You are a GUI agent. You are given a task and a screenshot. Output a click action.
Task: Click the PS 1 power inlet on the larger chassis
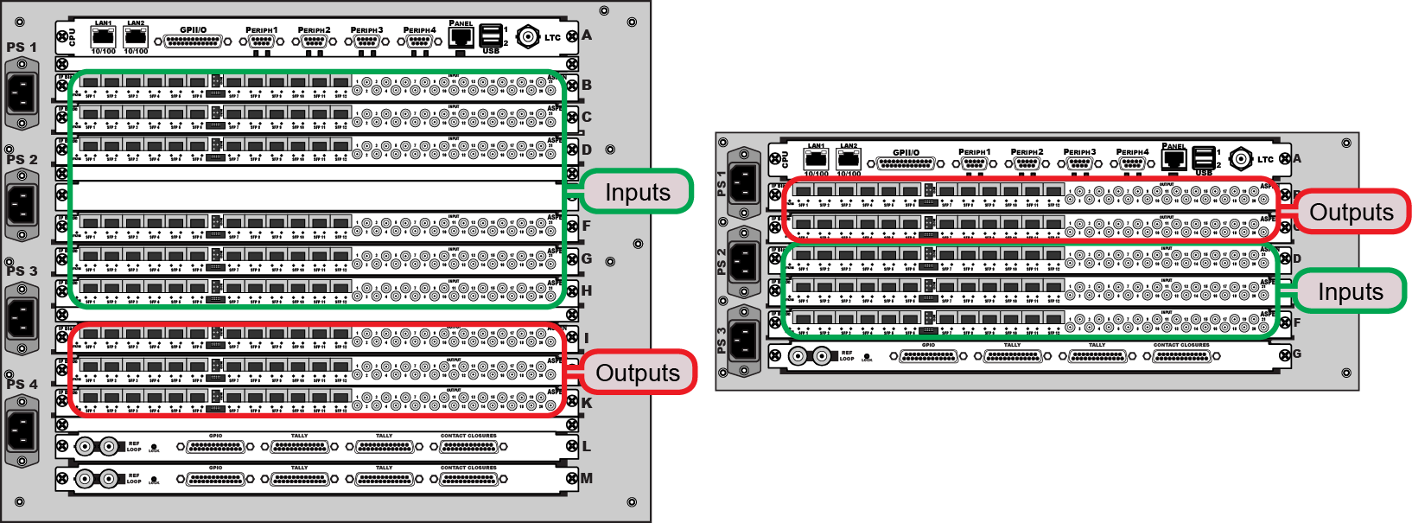tap(22, 93)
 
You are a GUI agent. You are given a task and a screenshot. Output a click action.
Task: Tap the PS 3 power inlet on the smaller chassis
tap(743, 339)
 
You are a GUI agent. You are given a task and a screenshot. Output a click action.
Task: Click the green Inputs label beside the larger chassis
tap(638, 192)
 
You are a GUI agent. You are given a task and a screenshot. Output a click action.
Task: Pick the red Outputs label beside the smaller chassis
tap(1352, 212)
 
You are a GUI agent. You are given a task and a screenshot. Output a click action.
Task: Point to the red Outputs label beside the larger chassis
tap(638, 373)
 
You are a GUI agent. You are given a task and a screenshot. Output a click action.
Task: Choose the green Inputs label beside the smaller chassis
tap(1350, 292)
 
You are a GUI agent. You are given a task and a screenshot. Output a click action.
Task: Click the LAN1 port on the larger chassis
tap(104, 37)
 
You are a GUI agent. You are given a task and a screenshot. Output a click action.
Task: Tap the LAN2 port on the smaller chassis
tap(849, 159)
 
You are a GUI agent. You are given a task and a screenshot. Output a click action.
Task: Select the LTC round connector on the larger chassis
tap(528, 36)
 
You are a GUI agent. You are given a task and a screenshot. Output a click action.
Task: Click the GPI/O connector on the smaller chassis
tap(906, 163)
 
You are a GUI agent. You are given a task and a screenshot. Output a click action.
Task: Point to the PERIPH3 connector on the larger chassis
tap(366, 41)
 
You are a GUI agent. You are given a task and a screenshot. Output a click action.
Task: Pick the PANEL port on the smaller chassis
tap(1173, 158)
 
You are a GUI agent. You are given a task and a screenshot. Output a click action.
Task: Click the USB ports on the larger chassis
tap(491, 35)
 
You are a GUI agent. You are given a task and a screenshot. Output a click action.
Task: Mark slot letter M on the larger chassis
tap(587, 478)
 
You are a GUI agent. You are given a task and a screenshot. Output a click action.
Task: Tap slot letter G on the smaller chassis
tap(1296, 354)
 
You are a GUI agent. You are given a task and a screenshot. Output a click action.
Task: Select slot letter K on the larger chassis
tap(587, 403)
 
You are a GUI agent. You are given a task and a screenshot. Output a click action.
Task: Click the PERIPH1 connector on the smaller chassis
tap(974, 163)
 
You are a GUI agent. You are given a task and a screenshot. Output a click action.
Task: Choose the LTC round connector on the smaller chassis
tap(1241, 158)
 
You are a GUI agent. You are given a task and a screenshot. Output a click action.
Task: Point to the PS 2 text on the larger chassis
tap(22, 159)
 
